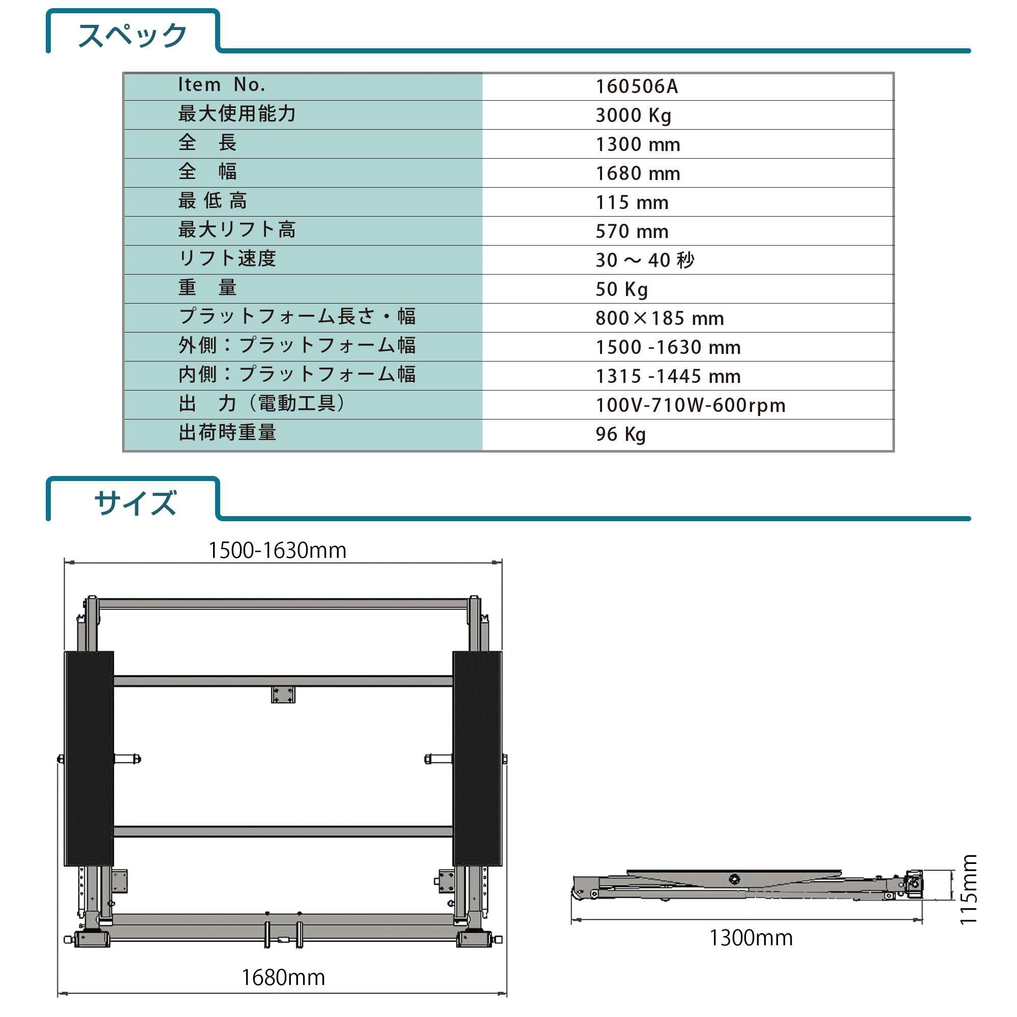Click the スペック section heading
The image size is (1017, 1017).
pyautogui.click(x=132, y=35)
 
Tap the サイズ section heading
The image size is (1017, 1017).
pyautogui.click(x=135, y=503)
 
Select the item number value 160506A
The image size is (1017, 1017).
pyautogui.click(x=637, y=87)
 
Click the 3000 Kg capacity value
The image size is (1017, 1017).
pyautogui.click(x=633, y=116)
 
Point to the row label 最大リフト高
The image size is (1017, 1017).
pyautogui.click(x=237, y=229)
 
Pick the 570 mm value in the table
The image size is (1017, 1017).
pyautogui.click(x=632, y=231)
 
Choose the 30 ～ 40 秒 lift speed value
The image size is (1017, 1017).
pyautogui.click(x=645, y=260)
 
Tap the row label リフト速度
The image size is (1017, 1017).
pyautogui.click(x=227, y=258)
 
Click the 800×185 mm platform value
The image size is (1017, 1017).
pyautogui.click(x=660, y=318)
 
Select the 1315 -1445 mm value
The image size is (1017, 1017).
pyautogui.click(x=668, y=376)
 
